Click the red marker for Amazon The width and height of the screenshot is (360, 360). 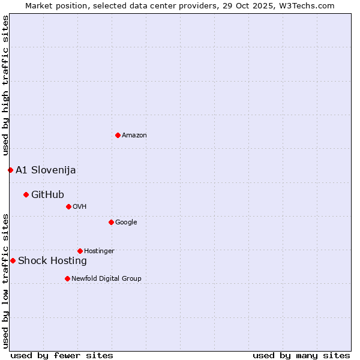pyautogui.click(x=118, y=135)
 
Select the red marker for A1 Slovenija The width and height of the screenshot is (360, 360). pyautogui.click(x=10, y=170)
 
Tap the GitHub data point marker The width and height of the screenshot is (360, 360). pyautogui.click(x=26, y=194)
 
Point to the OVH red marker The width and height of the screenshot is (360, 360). pyautogui.click(x=68, y=206)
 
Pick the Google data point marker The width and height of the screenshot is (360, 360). pyautogui.click(x=111, y=222)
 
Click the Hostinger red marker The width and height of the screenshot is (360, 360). pyautogui.click(x=80, y=251)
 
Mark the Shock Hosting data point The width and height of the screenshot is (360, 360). pyautogui.click(x=13, y=260)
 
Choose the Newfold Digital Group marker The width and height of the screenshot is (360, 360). pyautogui.click(x=67, y=278)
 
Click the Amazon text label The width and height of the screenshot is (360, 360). pyautogui.click(x=134, y=135)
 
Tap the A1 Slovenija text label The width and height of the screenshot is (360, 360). pyautogui.click(x=46, y=170)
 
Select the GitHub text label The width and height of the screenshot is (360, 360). pyautogui.click(x=47, y=194)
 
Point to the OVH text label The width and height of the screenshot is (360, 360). pyautogui.click(x=80, y=206)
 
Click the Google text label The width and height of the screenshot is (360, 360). pyautogui.click(x=126, y=222)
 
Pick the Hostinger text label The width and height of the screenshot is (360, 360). pyautogui.click(x=99, y=251)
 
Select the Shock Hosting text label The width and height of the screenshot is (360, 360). pyautogui.click(x=52, y=260)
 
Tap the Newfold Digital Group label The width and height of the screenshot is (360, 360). pyautogui.click(x=106, y=278)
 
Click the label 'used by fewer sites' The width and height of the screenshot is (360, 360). pyautogui.click(x=62, y=355)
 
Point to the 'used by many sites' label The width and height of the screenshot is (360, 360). pyautogui.click(x=301, y=355)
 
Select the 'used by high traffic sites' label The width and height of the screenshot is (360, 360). pyautogui.click(x=5, y=86)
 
